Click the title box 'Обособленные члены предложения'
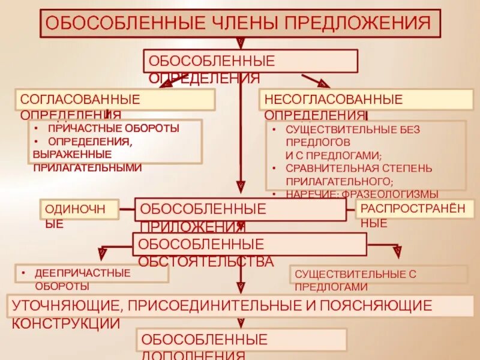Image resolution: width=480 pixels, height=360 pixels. click(x=240, y=24)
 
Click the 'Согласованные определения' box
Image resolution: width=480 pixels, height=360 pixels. click(x=115, y=100)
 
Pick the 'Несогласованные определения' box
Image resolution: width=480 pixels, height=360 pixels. click(x=366, y=100)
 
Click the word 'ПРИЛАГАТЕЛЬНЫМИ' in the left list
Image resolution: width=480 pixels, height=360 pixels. click(x=88, y=167)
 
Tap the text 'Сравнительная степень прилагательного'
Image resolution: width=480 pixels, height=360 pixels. click(x=358, y=173)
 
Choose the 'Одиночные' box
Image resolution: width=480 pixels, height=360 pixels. click(x=79, y=210)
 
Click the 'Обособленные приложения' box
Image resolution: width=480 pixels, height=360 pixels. click(x=240, y=209)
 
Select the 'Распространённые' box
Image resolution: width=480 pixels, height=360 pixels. click(x=415, y=209)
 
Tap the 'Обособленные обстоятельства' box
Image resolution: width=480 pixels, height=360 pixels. click(x=249, y=244)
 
